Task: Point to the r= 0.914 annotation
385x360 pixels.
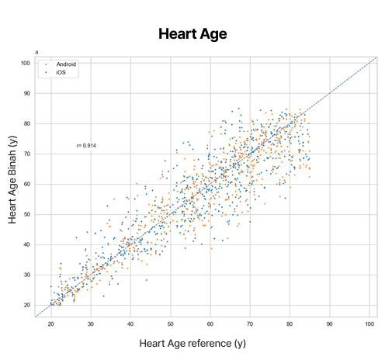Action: pyautogui.click(x=86, y=146)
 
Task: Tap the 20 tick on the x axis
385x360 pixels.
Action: pyautogui.click(x=51, y=323)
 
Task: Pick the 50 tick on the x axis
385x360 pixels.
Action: pyautogui.click(x=171, y=323)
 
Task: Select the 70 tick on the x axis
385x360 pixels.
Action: pyautogui.click(x=250, y=323)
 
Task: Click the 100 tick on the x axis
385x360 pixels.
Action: pyautogui.click(x=369, y=323)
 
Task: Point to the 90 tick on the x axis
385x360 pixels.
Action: pyautogui.click(x=330, y=323)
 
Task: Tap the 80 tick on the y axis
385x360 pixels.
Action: pyautogui.click(x=27, y=123)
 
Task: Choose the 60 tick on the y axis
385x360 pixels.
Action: pyautogui.click(x=27, y=184)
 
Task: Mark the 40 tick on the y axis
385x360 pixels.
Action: pyautogui.click(x=27, y=244)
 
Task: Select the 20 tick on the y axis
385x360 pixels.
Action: pyautogui.click(x=27, y=305)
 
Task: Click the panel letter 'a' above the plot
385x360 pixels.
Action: pyautogui.click(x=37, y=53)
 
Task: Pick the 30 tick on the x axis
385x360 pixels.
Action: pyautogui.click(x=91, y=323)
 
